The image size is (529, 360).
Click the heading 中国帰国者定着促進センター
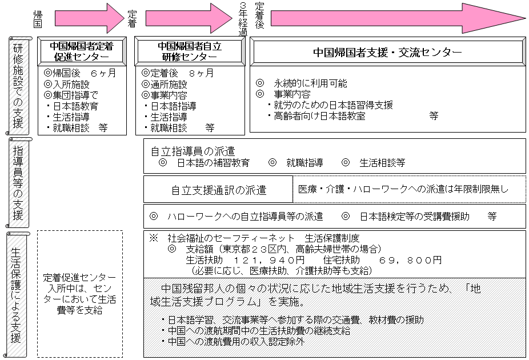tap(82, 51)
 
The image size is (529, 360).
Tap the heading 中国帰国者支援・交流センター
tap(387, 52)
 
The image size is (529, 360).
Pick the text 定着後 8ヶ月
tap(178, 74)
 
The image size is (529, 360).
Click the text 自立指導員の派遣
tap(193, 151)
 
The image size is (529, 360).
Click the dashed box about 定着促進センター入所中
tap(80, 294)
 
